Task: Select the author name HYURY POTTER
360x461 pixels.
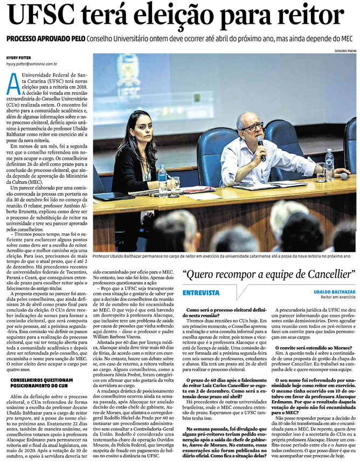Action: click(19, 57)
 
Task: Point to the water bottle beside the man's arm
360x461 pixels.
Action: click(329, 163)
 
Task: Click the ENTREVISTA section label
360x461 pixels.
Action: click(201, 293)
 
